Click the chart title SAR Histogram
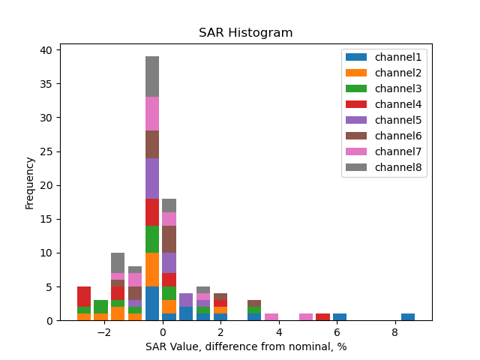pos(245,33)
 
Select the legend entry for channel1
pos(383,56)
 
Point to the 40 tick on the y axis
pos(46,50)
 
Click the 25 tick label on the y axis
pos(46,151)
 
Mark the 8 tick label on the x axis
pos(394,332)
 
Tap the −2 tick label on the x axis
pos(103,332)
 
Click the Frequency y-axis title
pos(30,182)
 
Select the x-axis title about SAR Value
pos(245,346)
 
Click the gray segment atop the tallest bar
pos(152,76)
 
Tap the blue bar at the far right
pos(408,317)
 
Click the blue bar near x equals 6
pos(340,317)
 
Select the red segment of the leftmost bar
pos(84,296)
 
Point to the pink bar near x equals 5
pos(306,317)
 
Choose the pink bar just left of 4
pos(271,317)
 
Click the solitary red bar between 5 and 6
pos(322,317)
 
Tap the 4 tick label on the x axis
pos(278,332)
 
